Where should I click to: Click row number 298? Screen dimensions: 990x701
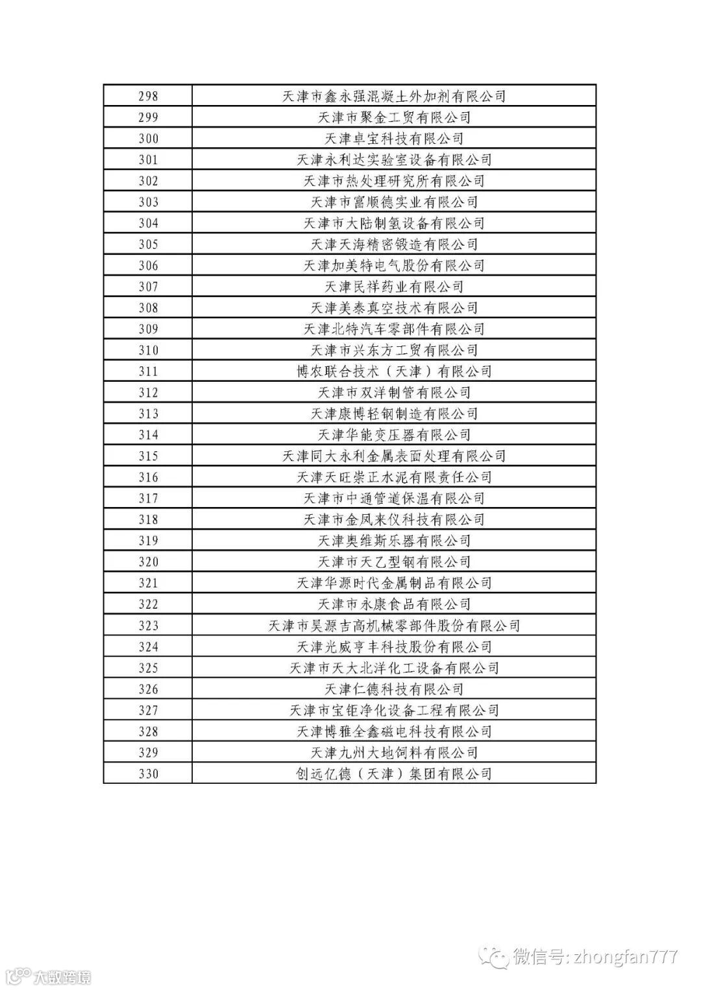pos(148,96)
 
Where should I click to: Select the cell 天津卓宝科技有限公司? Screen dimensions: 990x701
pos(394,139)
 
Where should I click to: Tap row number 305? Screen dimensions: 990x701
pos(148,244)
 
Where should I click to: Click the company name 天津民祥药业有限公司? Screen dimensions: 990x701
pos(394,287)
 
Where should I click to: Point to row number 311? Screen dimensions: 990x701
pos(148,371)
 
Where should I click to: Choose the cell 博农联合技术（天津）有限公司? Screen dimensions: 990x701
pos(394,371)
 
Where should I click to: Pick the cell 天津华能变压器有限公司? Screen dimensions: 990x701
pos(394,435)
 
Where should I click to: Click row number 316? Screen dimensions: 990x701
pos(148,477)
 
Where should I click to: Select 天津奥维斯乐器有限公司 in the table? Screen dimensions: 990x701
pos(394,541)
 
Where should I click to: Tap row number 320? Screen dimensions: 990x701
pos(148,562)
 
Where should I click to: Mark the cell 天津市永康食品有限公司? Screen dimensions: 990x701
pos(394,604)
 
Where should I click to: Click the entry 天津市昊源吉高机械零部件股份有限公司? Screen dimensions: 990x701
pos(394,626)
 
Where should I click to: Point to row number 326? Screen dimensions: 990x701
pos(148,689)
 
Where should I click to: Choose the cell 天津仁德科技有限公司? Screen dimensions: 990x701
pos(394,689)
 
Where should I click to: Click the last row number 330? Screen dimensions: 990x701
pos(148,773)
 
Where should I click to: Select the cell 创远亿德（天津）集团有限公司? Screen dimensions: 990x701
pos(394,773)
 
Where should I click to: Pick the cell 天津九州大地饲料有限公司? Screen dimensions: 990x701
pos(394,753)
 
